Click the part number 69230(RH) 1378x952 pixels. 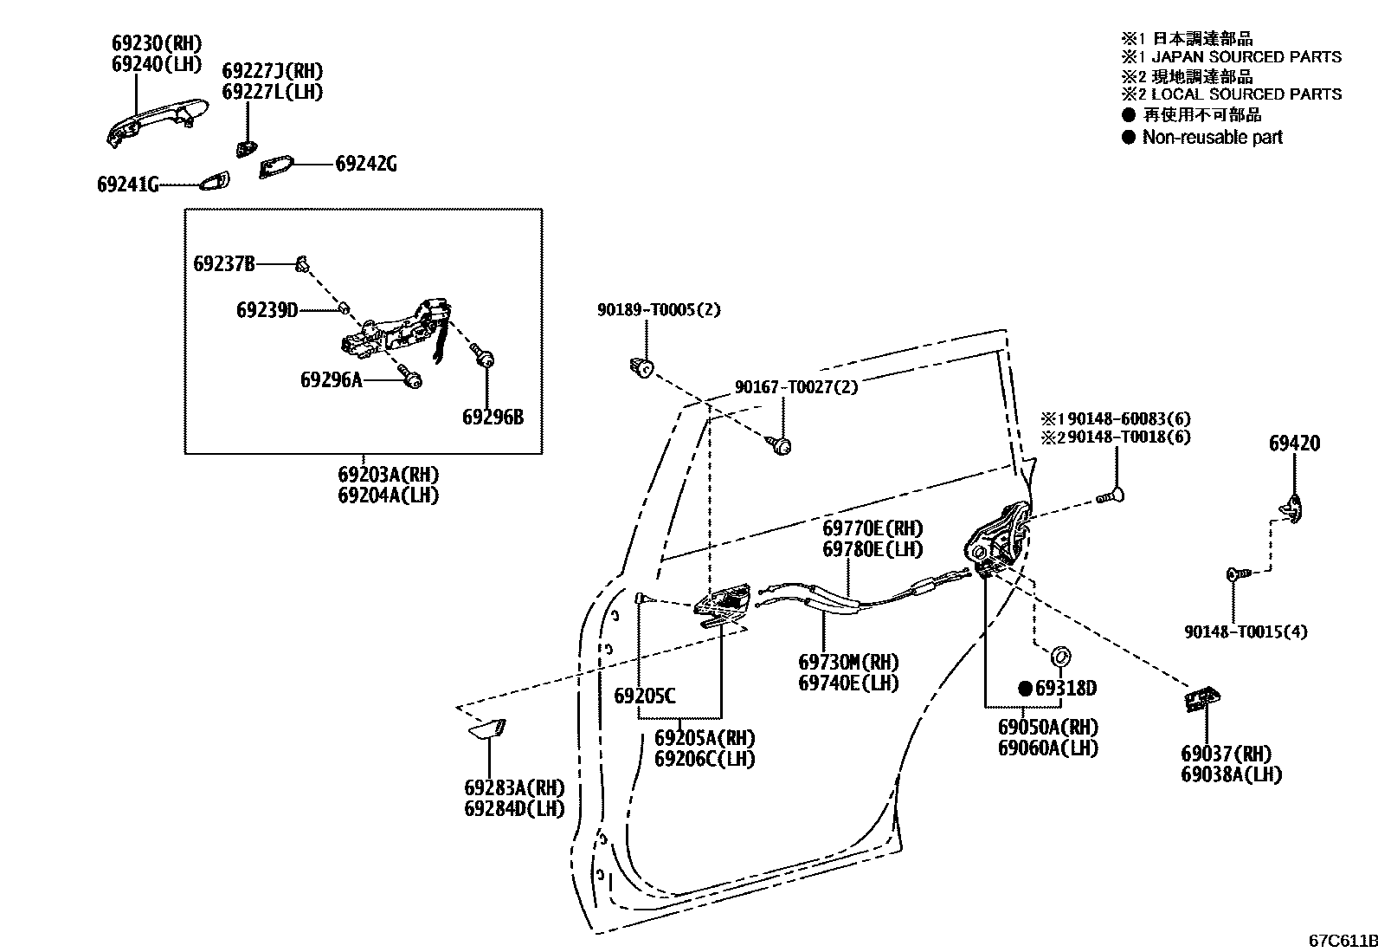coord(156,42)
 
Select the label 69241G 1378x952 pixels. coord(127,185)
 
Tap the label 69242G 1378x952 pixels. coord(366,164)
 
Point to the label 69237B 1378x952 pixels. coord(223,263)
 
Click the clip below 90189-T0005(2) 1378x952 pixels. coord(640,367)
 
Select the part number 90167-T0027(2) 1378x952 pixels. coord(796,387)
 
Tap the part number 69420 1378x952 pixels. coord(1294,444)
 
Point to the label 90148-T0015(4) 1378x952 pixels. coord(1246,631)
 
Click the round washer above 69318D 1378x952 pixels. coord(1060,656)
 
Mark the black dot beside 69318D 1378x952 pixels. coord(1026,689)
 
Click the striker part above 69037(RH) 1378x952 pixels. coord(1201,699)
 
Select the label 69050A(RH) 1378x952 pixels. coord(1047,728)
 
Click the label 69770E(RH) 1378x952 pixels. coord(873,528)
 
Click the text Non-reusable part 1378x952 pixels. coord(1212,137)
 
